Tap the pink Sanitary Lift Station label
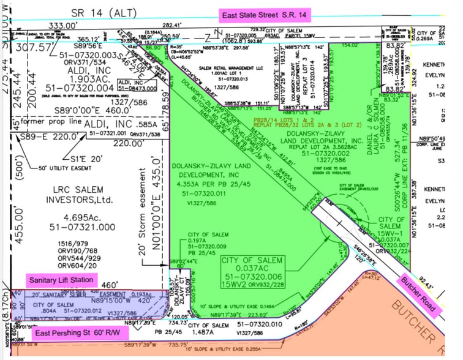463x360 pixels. click(62, 280)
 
